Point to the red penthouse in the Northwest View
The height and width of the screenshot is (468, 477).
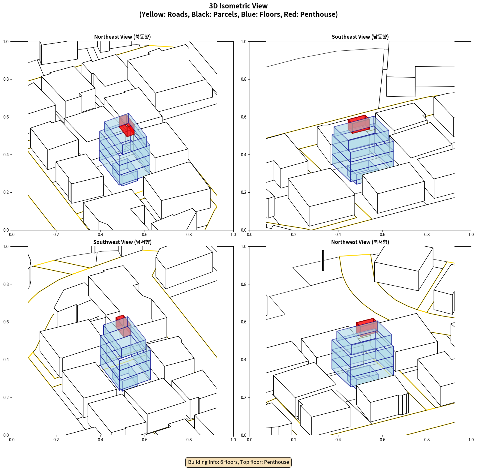click(367, 327)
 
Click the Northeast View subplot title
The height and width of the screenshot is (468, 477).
click(122, 37)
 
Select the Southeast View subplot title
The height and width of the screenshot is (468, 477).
click(360, 37)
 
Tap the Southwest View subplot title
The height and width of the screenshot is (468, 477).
click(122, 242)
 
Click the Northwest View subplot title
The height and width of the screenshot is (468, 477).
click(360, 242)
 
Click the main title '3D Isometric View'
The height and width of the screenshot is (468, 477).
click(238, 6)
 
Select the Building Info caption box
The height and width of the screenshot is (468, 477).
click(238, 462)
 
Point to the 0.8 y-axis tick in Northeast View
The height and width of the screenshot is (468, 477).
click(6, 79)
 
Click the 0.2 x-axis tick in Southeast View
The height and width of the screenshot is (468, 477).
click(294, 235)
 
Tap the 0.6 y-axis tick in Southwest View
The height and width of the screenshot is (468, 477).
click(6, 322)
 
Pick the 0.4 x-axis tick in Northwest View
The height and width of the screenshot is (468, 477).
click(338, 440)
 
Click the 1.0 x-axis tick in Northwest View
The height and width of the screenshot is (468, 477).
click(471, 440)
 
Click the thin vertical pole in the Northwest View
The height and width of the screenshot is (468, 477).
click(323, 260)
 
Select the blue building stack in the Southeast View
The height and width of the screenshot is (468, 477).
click(363, 150)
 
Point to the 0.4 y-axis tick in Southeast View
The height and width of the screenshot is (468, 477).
click(244, 154)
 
